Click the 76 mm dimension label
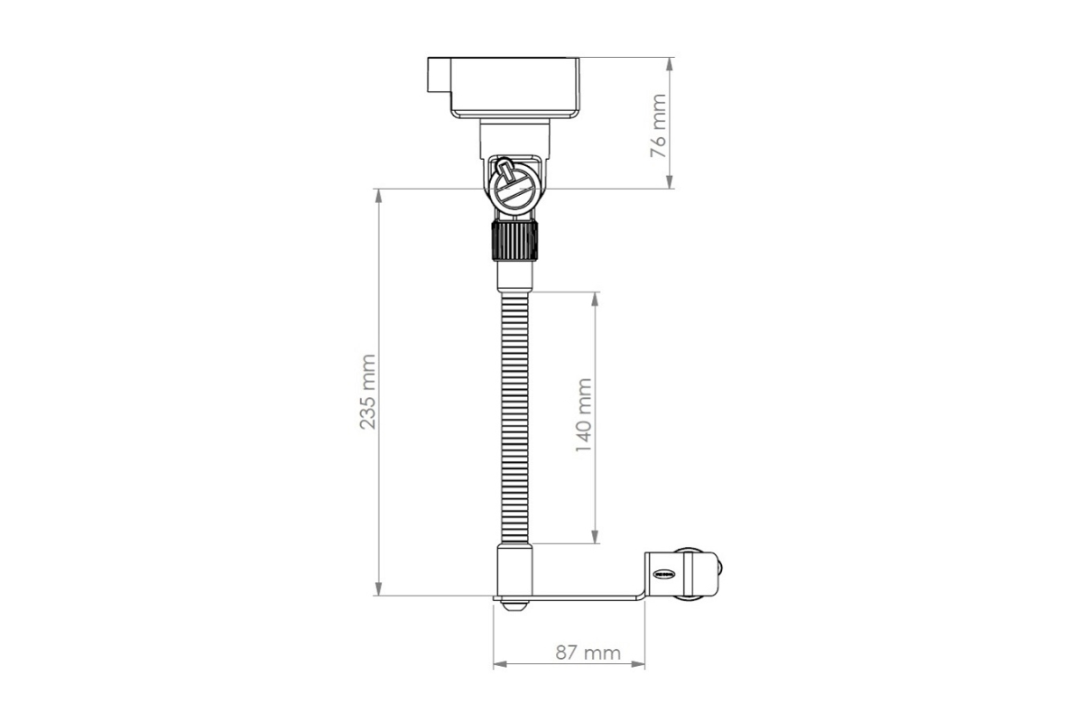[658, 126]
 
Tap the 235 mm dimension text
[367, 392]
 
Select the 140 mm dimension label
[584, 415]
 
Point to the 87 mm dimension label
[588, 653]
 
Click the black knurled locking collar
[514, 240]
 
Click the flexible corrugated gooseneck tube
[515, 418]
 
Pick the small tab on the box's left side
[439, 75]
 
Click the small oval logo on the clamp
[663, 574]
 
